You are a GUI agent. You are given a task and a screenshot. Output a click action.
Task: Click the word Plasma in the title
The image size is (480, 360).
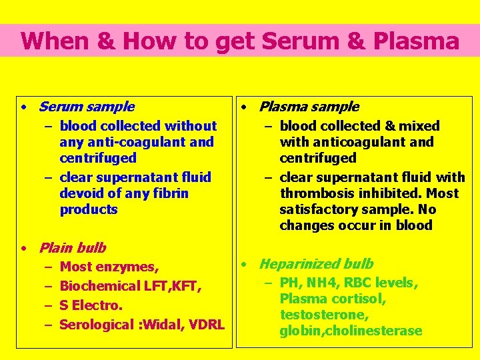pos(417,41)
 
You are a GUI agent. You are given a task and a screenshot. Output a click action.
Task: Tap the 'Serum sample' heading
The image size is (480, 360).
pos(86,107)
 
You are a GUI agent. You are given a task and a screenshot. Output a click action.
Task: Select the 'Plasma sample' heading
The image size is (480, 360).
pos(309,107)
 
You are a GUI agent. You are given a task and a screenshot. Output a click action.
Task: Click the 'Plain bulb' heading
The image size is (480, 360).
pos(72,248)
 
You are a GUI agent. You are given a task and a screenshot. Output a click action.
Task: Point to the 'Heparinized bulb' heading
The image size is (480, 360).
pos(316,264)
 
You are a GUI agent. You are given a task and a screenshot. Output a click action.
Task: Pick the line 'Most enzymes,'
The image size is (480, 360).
pos(109,267)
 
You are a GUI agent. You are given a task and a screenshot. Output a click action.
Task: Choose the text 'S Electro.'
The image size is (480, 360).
pos(91,305)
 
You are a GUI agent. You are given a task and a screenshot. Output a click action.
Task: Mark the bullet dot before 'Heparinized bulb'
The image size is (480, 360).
pos(245,265)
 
